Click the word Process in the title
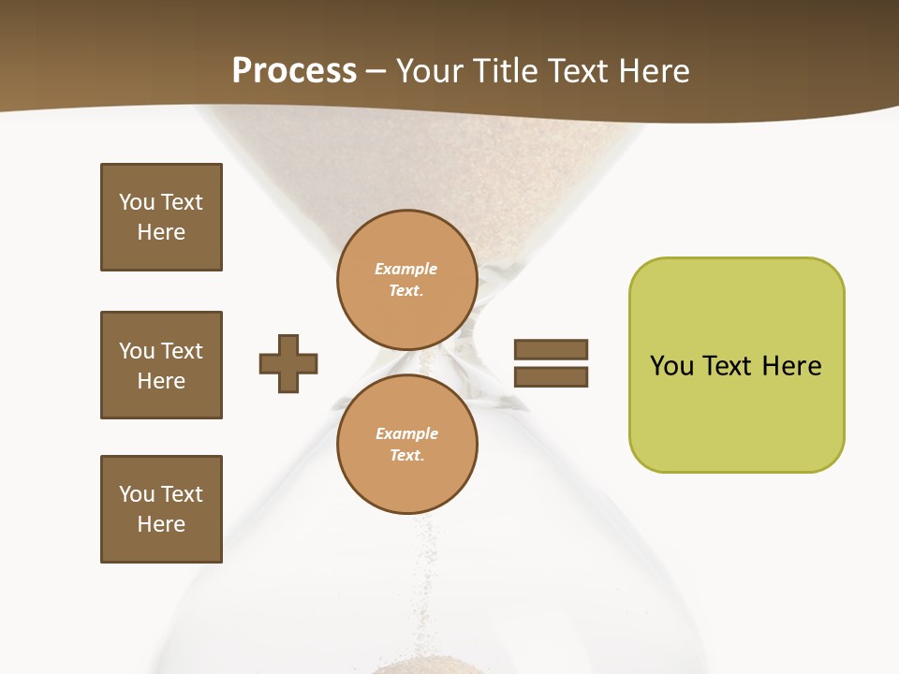pos(294,71)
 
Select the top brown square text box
pos(161,217)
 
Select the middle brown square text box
pos(161,365)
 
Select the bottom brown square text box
pos(161,509)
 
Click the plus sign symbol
pos(288,363)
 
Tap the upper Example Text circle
pos(406,280)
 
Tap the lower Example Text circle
pos(406,445)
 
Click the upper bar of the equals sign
pos(551,349)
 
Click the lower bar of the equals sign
pos(551,376)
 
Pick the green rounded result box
pos(736,365)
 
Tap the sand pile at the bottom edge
pos(417,667)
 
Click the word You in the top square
pos(137,202)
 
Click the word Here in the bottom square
pos(161,524)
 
